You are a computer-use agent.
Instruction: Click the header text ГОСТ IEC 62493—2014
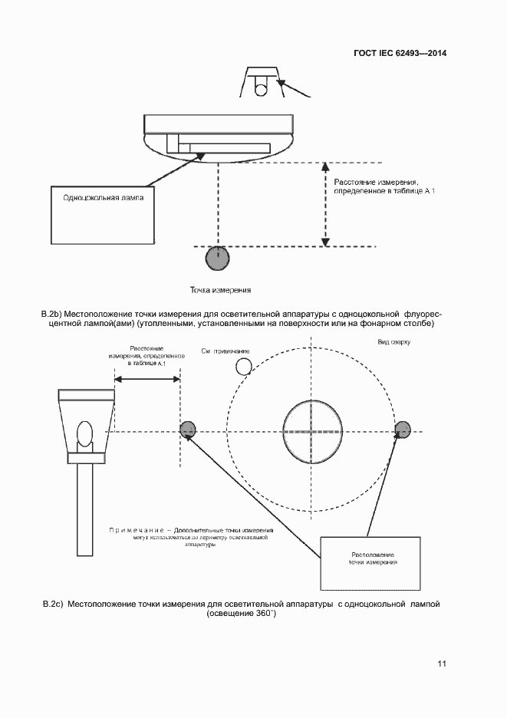tap(400, 54)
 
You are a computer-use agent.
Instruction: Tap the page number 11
tap(442, 664)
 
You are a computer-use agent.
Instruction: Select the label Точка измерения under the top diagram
tap(221, 291)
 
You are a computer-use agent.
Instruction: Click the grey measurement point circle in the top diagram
tap(218, 259)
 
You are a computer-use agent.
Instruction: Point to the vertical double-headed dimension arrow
tap(325, 203)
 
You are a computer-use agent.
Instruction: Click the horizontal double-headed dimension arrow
tap(147, 378)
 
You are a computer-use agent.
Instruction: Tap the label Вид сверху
tap(393, 341)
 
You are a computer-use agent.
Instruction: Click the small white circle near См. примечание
tap(244, 366)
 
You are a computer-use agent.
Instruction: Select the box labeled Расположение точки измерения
tap(372, 562)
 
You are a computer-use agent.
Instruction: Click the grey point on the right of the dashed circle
tap(402, 430)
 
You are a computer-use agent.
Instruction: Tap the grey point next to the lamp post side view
tap(188, 430)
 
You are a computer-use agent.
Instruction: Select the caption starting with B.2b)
tap(242, 319)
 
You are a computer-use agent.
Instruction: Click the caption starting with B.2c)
tap(242, 609)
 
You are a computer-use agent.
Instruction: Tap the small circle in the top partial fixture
tap(262, 89)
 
